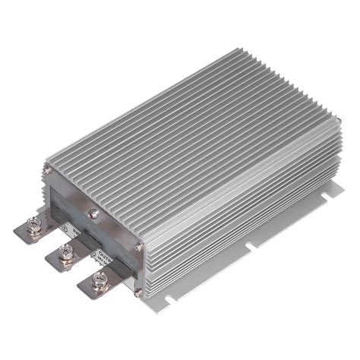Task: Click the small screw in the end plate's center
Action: [93, 214]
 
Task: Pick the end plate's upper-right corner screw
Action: [138, 248]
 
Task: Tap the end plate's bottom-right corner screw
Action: [137, 291]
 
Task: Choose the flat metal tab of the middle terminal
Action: [61, 258]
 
